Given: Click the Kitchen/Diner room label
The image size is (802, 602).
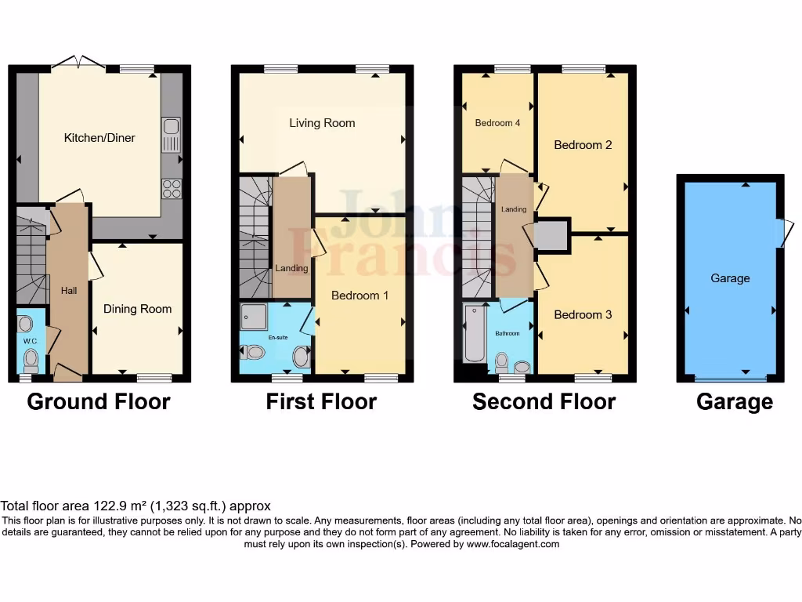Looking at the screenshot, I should click(x=99, y=138).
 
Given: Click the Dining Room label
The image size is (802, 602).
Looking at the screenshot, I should click(x=137, y=309).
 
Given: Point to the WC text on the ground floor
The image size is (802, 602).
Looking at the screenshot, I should click(x=31, y=342).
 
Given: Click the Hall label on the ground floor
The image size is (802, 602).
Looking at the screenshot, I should click(x=69, y=291).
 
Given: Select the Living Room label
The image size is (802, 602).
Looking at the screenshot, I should click(x=322, y=123).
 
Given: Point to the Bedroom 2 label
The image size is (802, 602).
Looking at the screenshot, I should click(x=583, y=145).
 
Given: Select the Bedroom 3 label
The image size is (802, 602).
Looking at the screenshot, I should click(x=583, y=315).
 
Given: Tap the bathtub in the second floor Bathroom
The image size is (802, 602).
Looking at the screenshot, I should click(x=475, y=335).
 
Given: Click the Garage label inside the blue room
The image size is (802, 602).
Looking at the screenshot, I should click(x=730, y=278).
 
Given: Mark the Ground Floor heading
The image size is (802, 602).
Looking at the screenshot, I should click(x=99, y=402).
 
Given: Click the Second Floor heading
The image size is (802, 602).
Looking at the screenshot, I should click(x=544, y=402).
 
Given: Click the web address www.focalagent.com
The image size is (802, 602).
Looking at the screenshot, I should click(x=512, y=544).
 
